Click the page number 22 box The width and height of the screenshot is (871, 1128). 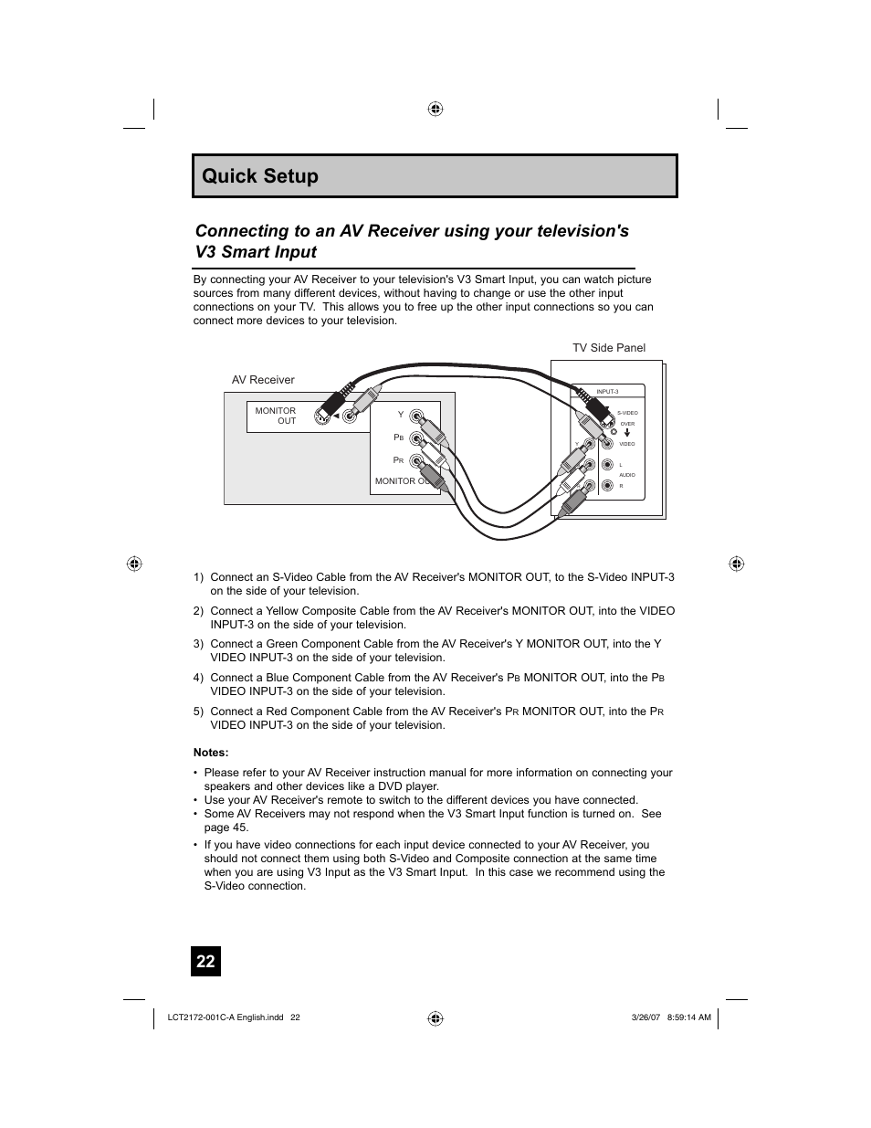click(205, 961)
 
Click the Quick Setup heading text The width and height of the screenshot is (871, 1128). click(260, 176)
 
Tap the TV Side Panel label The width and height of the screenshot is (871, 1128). click(608, 348)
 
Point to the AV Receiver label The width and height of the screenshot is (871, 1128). click(263, 380)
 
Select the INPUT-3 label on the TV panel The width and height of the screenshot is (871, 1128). click(607, 392)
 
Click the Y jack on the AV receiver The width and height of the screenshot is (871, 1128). click(417, 417)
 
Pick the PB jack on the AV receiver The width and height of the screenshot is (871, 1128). click(417, 439)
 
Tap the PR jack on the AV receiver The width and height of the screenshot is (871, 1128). click(417, 461)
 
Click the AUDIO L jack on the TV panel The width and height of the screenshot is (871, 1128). click(606, 465)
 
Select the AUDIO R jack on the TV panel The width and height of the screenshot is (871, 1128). click(606, 486)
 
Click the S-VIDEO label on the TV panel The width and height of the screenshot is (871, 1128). click(627, 413)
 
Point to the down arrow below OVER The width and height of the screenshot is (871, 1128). click(627, 433)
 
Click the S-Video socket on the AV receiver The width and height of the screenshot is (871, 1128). click(322, 416)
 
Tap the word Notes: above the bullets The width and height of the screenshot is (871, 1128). click(211, 753)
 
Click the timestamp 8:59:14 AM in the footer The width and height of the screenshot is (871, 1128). click(689, 1017)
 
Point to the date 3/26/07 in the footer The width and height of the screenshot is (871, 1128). click(645, 1017)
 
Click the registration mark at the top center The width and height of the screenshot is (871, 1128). click(435, 109)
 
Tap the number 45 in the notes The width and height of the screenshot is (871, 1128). click(239, 828)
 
